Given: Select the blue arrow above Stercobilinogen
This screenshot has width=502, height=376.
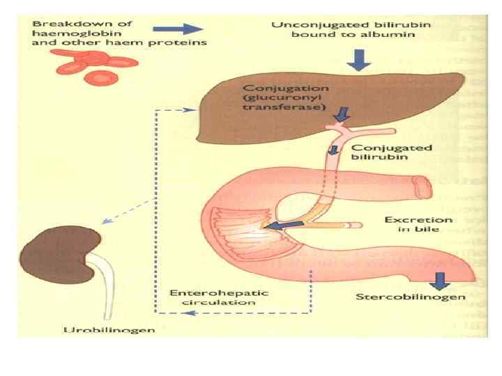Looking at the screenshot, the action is pos(439,281).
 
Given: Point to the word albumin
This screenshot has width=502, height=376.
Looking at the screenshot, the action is pos(344,36).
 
